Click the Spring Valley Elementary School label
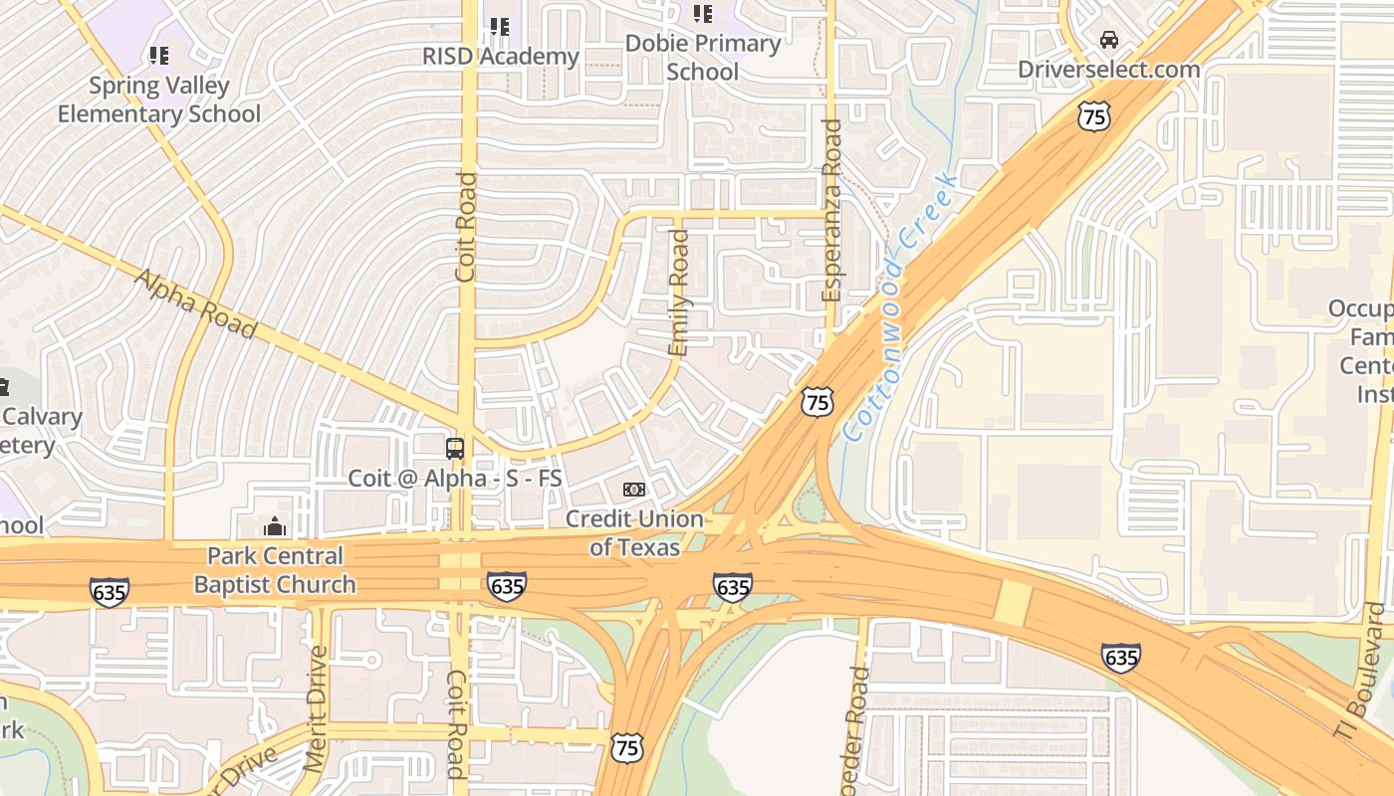158,99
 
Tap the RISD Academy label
500,57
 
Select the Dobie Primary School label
703,58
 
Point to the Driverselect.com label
1108,69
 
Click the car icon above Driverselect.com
1108,40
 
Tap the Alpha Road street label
195,303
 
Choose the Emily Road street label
679,293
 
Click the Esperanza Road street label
832,211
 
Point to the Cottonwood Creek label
900,306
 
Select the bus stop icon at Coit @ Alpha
455,448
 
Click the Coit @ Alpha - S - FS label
455,479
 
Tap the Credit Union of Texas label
634,533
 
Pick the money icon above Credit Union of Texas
634,490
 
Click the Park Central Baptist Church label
275,570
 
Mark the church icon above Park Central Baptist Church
274,525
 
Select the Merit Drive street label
317,708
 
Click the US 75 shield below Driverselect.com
1093,116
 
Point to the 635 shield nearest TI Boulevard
1120,658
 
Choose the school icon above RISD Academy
499,27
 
